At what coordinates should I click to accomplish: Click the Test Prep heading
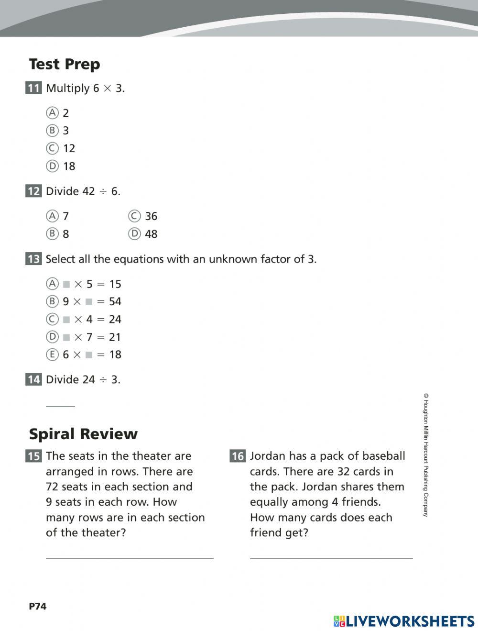65,64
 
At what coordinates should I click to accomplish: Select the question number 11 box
33,88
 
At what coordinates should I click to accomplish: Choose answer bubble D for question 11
52,166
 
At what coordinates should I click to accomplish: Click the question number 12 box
33,191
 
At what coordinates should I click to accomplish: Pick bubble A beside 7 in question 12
52,216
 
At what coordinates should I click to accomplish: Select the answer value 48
151,234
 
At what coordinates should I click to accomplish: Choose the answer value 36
151,216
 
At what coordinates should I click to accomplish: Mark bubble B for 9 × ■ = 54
52,301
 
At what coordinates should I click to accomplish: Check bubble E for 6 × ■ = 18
52,354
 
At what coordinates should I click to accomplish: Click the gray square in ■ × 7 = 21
66,337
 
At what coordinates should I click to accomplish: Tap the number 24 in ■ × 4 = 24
115,319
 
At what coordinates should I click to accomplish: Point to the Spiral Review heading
83,434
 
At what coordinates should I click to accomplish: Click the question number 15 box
33,456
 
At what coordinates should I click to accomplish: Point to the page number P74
38,606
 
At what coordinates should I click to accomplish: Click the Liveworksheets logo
404,621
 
